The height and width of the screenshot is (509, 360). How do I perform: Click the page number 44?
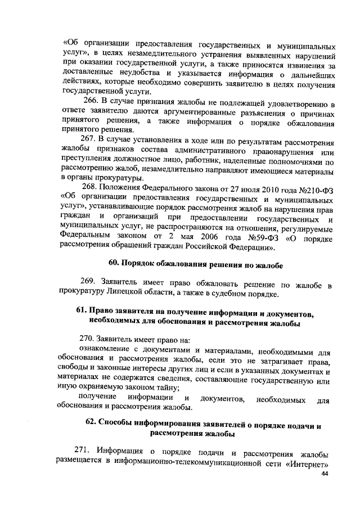point(324,474)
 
